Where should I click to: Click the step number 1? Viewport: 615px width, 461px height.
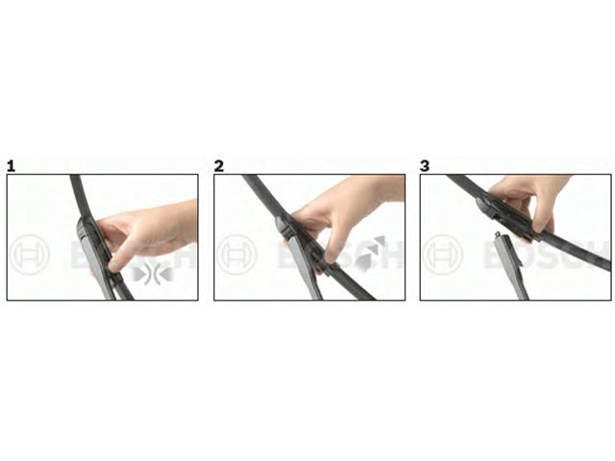pyautogui.click(x=12, y=166)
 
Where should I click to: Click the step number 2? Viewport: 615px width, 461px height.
pyautogui.click(x=219, y=166)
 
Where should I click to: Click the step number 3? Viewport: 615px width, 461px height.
pyautogui.click(x=425, y=166)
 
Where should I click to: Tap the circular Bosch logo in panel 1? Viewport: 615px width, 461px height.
pyautogui.click(x=30, y=255)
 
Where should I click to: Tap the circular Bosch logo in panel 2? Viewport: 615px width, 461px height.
pyautogui.click(x=236, y=255)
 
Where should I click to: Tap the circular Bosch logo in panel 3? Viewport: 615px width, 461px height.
pyautogui.click(x=443, y=255)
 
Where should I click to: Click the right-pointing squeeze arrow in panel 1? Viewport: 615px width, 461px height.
pyautogui.click(x=138, y=273)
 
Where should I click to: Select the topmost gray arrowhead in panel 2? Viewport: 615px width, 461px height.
pyautogui.click(x=379, y=241)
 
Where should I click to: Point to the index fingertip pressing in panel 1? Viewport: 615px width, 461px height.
pyautogui.click(x=114, y=268)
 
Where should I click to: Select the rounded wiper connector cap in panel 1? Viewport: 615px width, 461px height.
pyautogui.click(x=85, y=230)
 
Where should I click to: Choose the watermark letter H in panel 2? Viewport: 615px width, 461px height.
pyautogui.click(x=389, y=255)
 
